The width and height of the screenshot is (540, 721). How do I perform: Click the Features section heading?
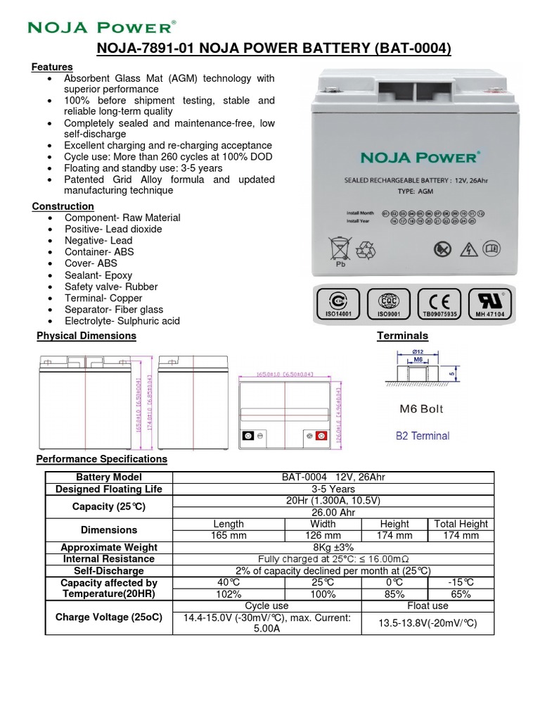click(x=52, y=67)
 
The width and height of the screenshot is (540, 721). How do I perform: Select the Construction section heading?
click(x=63, y=206)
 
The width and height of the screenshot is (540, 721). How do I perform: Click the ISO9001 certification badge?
click(x=389, y=303)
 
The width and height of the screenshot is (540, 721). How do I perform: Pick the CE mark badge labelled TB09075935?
click(x=439, y=303)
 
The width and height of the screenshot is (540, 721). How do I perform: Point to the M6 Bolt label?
click(x=421, y=408)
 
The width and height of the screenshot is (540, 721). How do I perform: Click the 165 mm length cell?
click(x=227, y=536)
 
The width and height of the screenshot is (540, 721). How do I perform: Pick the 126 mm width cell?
click(x=323, y=536)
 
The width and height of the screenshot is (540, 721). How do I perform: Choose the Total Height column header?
click(x=461, y=524)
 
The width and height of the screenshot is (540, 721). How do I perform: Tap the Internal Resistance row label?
click(x=109, y=559)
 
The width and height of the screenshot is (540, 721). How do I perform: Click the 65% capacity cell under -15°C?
click(x=461, y=594)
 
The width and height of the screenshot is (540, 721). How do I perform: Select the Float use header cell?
click(x=427, y=606)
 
